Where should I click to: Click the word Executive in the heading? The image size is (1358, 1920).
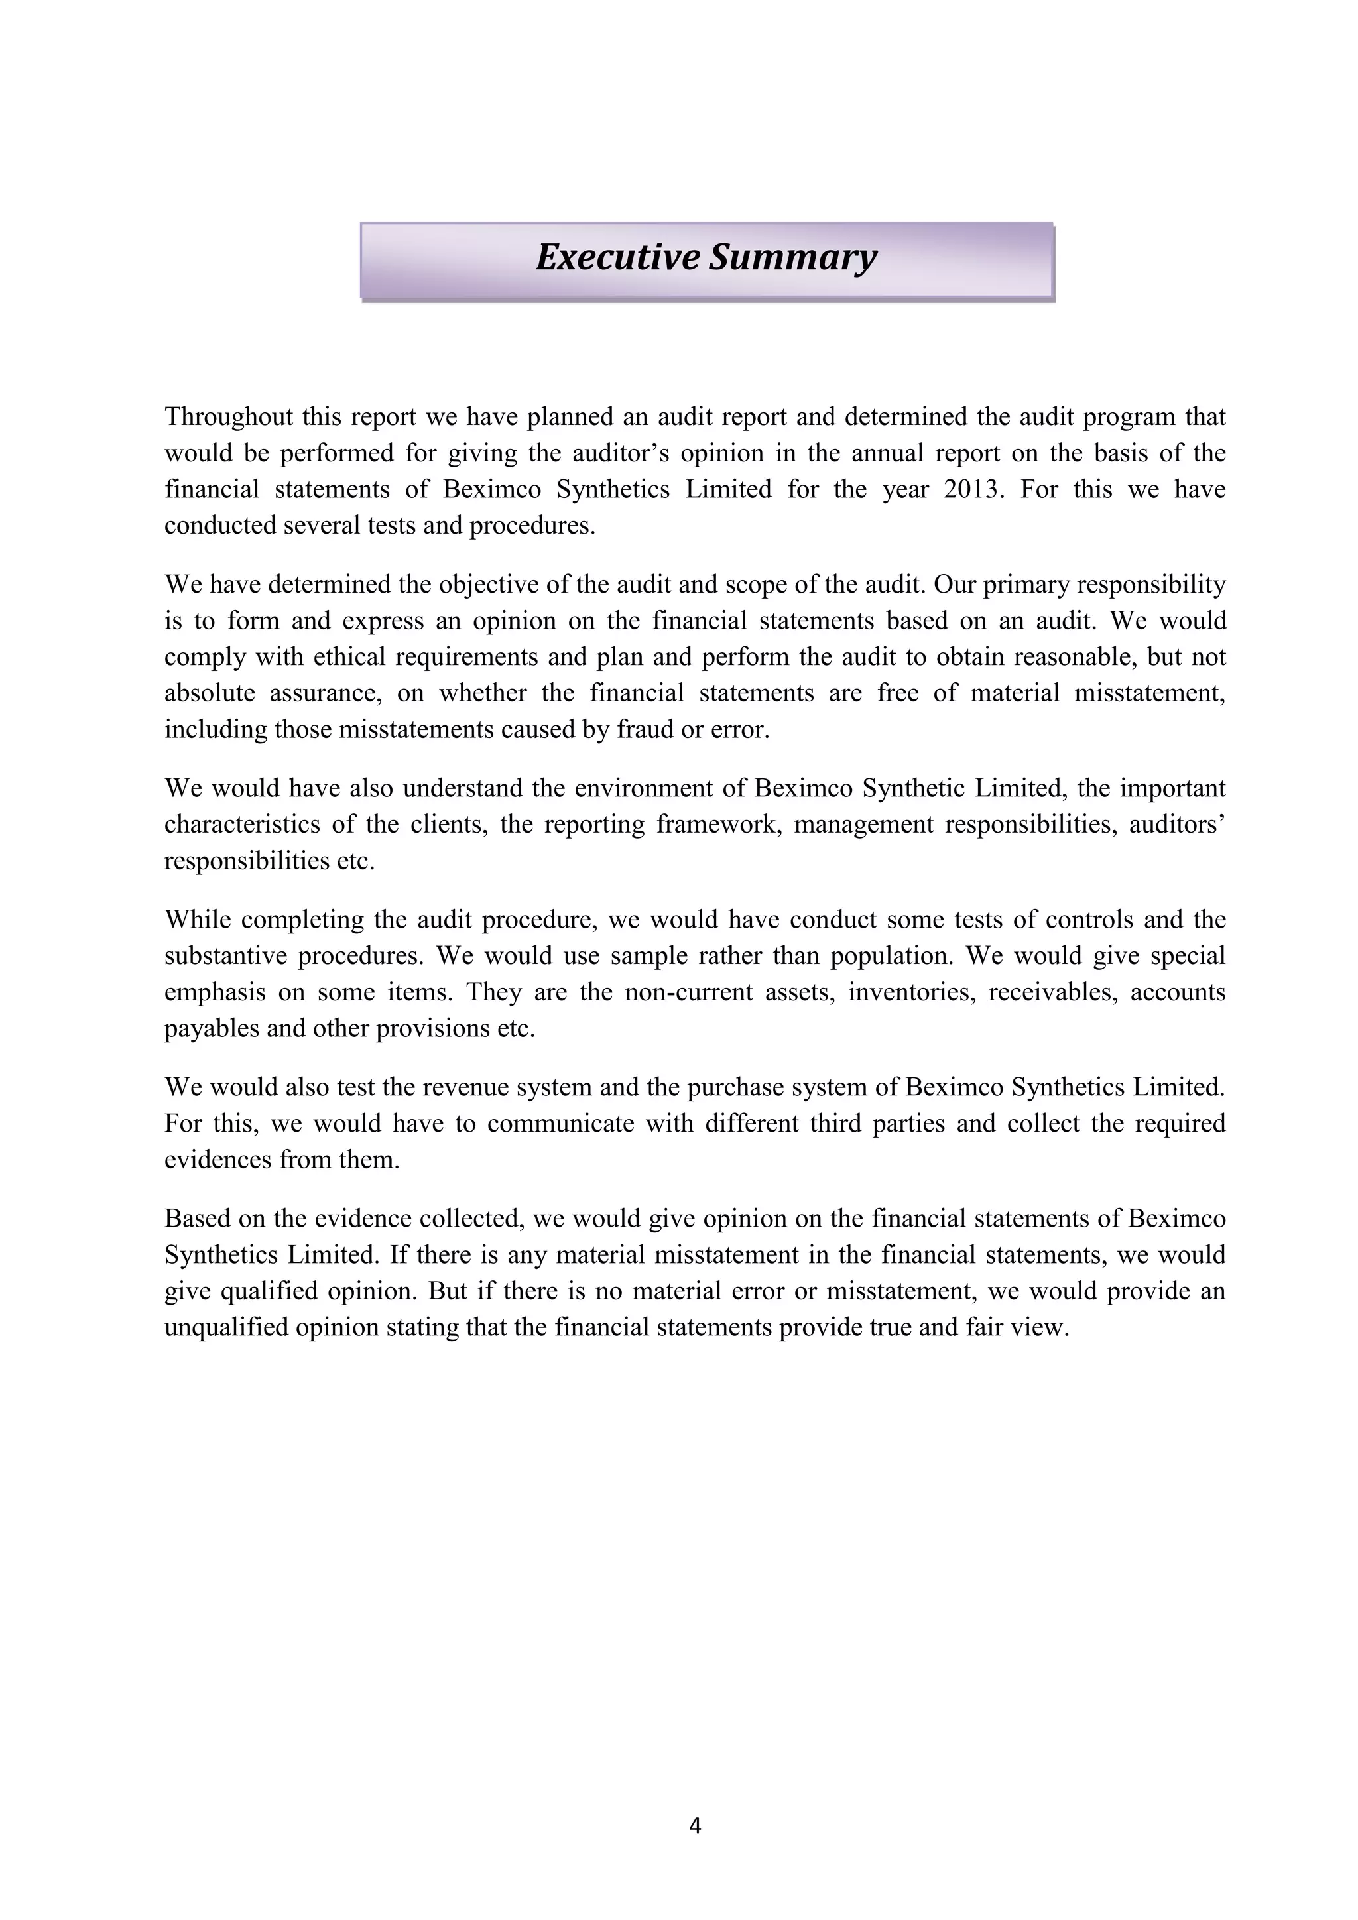(618, 257)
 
